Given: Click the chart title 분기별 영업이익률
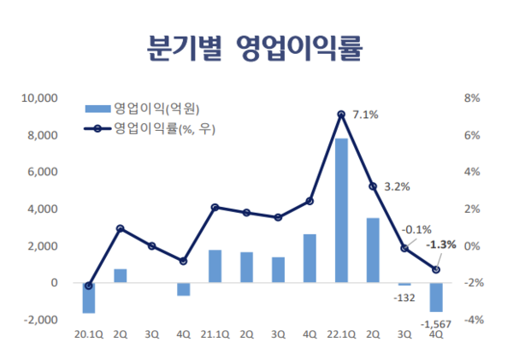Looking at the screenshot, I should coord(256,46).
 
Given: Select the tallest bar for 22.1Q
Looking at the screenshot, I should coord(341,210).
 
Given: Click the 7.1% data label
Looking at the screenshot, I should coord(365,115).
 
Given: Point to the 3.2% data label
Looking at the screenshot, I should coord(398,186).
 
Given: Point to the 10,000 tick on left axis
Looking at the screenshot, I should coord(40,98).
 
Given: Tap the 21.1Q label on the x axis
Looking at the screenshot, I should coord(215,335).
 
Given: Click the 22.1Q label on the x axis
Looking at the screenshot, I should coord(341,335).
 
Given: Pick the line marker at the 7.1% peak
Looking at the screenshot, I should coord(341,115).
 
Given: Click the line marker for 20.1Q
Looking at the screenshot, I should coord(89,286).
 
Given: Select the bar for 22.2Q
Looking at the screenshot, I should coord(373,250).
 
